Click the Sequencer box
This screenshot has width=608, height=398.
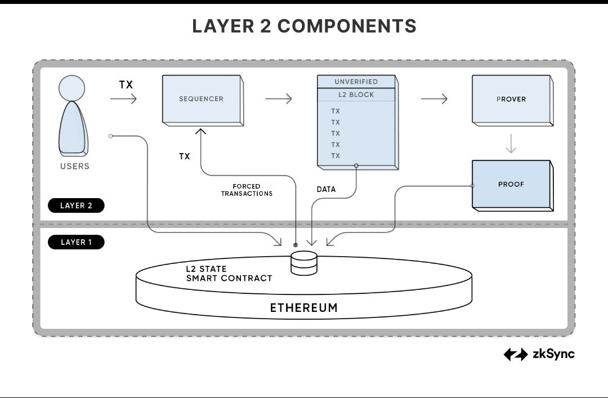coord(202,99)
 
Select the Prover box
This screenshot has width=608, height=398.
coord(511,99)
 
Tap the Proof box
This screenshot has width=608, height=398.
coord(511,184)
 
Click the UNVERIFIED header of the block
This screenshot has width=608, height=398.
coord(356,82)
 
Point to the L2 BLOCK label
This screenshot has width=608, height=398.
coord(356,95)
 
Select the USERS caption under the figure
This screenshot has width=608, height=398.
coord(75,167)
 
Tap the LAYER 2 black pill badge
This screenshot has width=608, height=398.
coord(76,205)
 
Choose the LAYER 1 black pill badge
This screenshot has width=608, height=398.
coord(76,242)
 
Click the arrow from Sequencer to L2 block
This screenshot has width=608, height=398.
coord(278,99)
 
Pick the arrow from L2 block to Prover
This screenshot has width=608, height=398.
coord(433,99)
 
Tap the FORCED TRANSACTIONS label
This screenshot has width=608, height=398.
coord(247,190)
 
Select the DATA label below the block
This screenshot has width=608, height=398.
coord(326,190)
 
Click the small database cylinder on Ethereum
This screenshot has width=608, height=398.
coord(304,263)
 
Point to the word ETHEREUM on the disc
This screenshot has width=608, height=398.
coord(304,308)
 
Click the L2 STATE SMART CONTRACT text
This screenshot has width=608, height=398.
coord(229,274)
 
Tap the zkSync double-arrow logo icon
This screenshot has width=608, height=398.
coord(515,355)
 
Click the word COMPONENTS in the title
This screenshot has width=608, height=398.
coord(347,26)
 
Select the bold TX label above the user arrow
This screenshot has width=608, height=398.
coord(126,85)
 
